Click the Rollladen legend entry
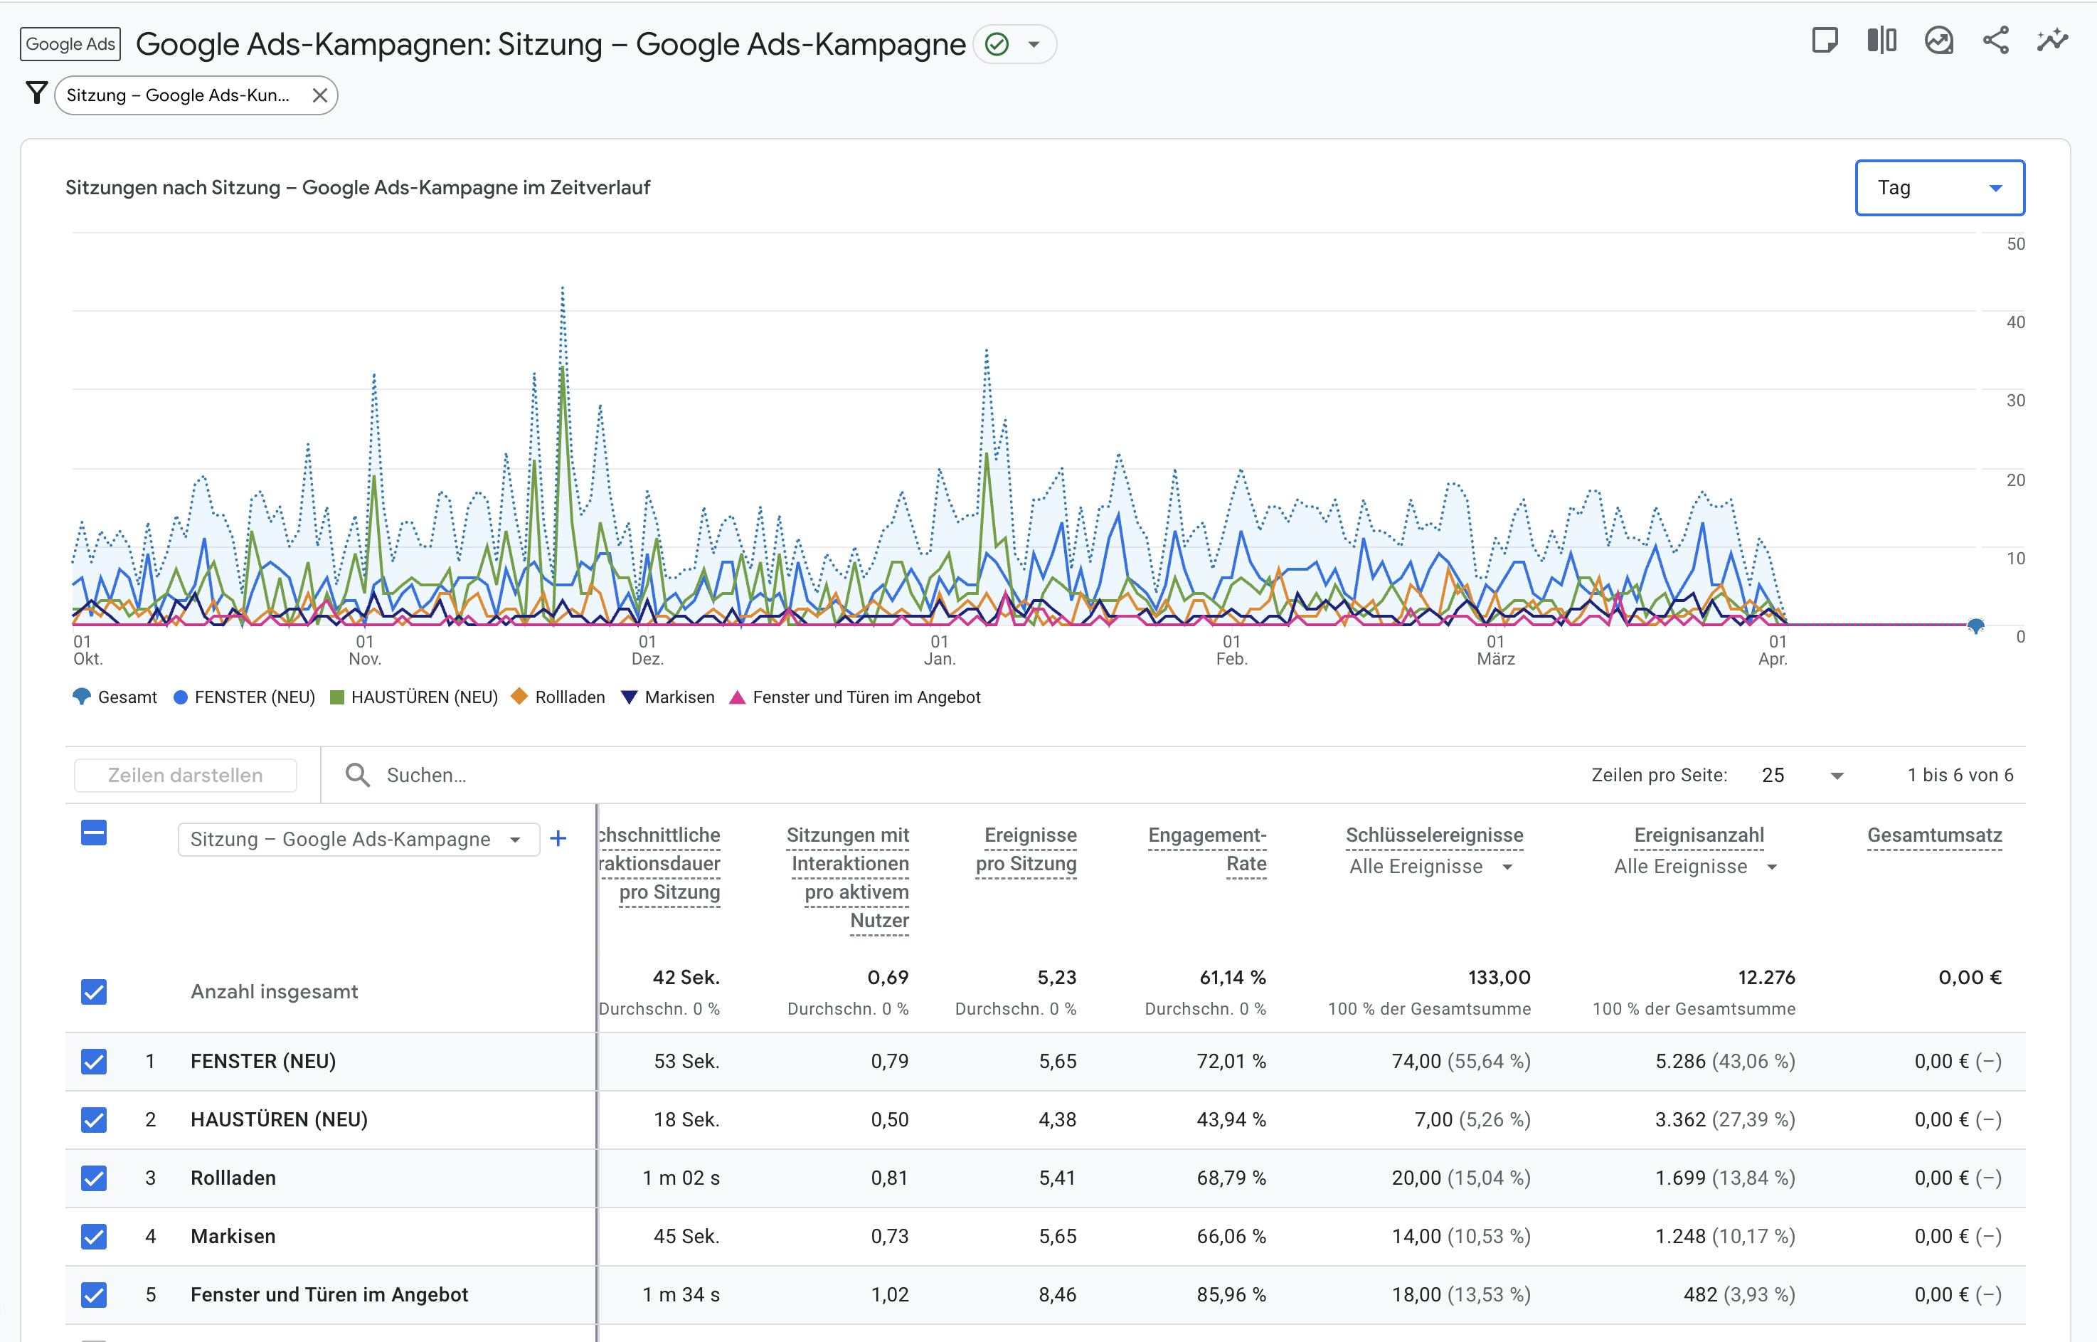[569, 697]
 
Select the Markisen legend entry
[679, 697]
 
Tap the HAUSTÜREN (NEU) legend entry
[423, 697]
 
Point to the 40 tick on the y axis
[2014, 322]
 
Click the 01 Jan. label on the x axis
[938, 650]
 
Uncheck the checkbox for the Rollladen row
[94, 1178]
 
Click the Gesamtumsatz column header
[1933, 835]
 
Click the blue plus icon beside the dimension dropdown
[558, 838]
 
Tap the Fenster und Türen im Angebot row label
[329, 1295]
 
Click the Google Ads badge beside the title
[70, 43]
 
